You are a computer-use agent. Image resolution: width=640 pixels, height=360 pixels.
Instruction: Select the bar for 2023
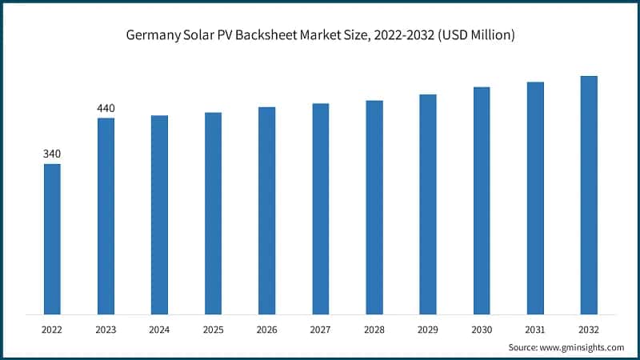click(x=106, y=216)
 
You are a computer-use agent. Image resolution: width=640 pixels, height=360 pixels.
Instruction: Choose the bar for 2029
click(x=428, y=204)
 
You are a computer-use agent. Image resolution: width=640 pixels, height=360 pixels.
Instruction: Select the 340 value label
click(x=52, y=154)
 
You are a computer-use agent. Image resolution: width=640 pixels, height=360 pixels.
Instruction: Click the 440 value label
click(x=106, y=107)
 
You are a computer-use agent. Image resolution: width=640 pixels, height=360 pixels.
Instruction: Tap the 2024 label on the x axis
click(x=159, y=328)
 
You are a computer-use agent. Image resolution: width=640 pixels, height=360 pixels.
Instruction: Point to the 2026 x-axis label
click(x=266, y=328)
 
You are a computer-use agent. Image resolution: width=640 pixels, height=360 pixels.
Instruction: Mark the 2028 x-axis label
click(x=374, y=328)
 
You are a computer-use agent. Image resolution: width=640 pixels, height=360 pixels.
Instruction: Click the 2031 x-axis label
click(x=535, y=328)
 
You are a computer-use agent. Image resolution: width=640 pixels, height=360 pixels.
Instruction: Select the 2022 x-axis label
click(x=52, y=328)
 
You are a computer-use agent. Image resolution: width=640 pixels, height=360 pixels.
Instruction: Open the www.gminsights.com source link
click(x=582, y=347)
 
